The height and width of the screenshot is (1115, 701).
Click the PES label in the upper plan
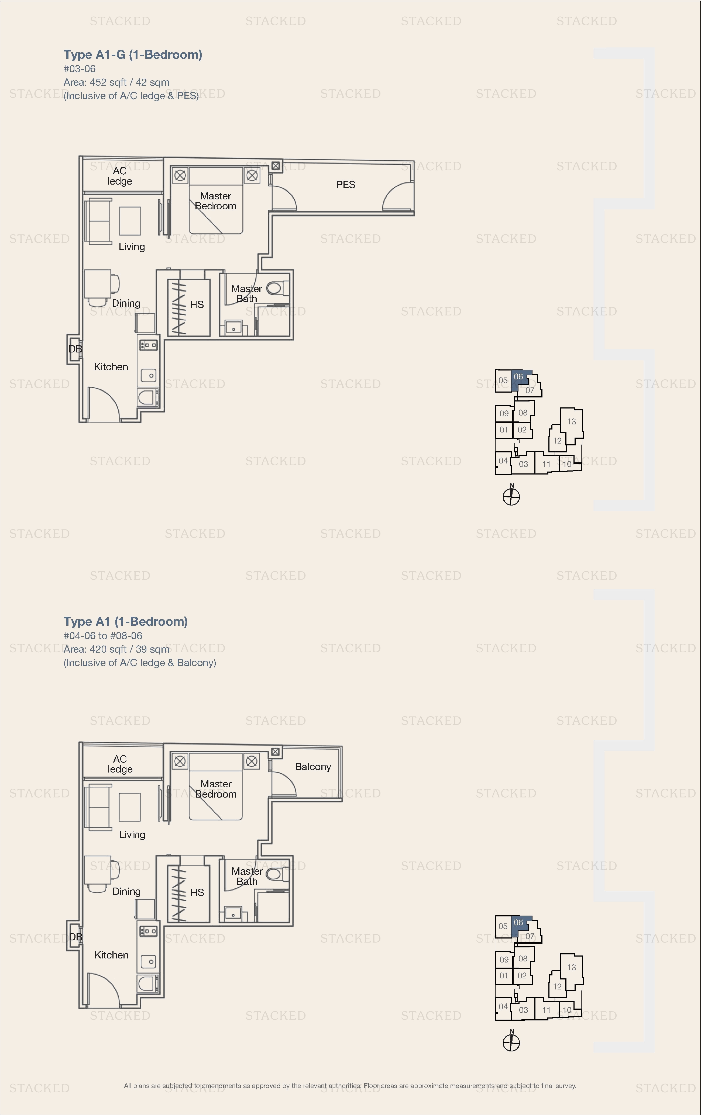[346, 185]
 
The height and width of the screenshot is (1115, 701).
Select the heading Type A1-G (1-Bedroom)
[133, 55]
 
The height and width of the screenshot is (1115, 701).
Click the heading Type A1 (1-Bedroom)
[126, 621]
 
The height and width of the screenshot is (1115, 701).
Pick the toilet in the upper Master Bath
[277, 289]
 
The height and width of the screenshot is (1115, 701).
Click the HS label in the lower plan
[197, 892]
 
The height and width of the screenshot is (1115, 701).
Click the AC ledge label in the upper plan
[119, 176]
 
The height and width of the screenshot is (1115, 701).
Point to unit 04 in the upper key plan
[503, 461]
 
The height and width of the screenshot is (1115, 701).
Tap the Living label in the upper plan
[132, 247]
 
